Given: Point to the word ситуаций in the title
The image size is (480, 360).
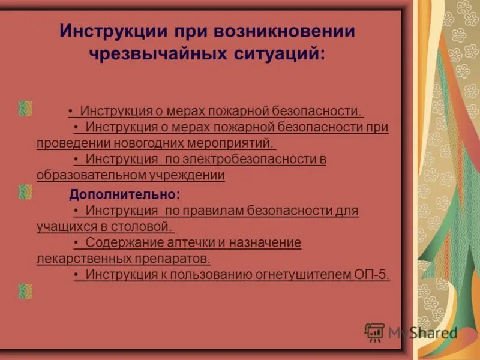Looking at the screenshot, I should click(x=279, y=53).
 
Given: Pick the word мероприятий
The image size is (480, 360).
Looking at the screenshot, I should click(x=237, y=143).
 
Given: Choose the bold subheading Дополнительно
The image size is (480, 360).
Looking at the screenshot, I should click(x=124, y=194).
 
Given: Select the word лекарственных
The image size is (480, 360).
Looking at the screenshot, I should click(x=79, y=259).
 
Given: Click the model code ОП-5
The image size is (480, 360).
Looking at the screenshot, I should click(x=373, y=275).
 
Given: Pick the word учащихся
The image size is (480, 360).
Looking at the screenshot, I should click(x=63, y=227).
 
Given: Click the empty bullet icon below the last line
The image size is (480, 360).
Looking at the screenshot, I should click(x=25, y=291).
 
